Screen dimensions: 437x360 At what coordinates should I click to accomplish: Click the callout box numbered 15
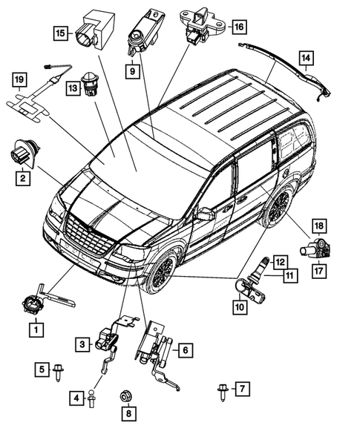60,33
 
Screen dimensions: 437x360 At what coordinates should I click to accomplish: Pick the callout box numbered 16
238,27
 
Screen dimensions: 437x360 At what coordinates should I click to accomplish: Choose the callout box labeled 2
23,179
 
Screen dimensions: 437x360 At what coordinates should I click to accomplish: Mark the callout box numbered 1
32,327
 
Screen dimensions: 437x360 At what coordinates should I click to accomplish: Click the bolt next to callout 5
59,377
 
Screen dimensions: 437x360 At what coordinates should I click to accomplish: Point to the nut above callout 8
125,394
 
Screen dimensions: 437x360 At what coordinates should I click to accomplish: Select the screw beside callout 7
220,389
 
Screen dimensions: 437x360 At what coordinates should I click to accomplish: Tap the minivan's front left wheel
160,274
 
